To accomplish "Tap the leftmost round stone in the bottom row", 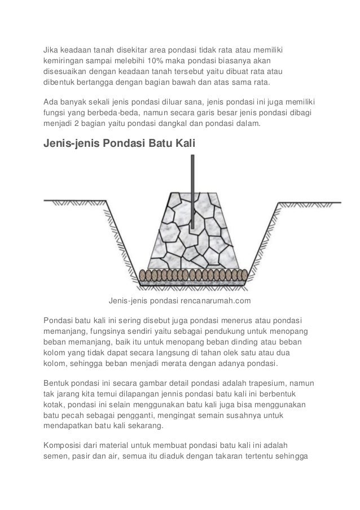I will pos(147,274).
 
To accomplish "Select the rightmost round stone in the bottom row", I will pos(244,274).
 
